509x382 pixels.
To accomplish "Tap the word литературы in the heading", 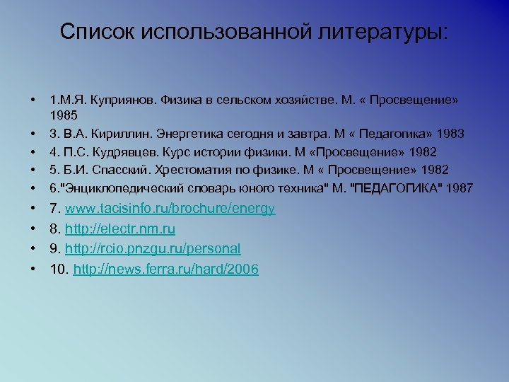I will tap(387, 32).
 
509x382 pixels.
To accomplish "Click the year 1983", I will tap(450, 134).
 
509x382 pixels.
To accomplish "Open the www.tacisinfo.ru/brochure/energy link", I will tap(170, 209).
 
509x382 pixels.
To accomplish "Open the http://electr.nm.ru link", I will tap(120, 229).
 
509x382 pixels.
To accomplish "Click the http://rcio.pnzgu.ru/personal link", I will tap(153, 249).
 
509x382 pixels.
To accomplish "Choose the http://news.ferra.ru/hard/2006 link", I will tap(165, 269).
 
